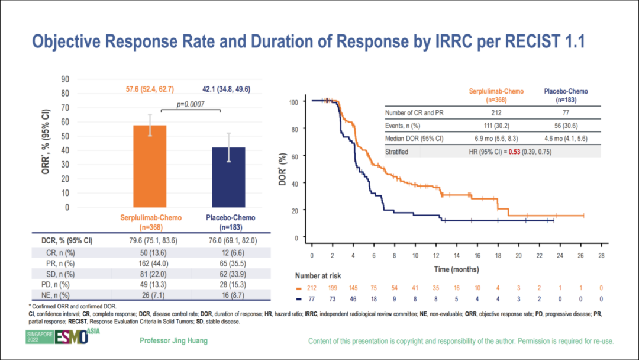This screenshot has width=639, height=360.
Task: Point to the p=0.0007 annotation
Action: [199, 104]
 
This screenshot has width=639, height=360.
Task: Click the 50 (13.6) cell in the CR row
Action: [150, 253]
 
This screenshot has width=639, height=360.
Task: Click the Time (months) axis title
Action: [456, 269]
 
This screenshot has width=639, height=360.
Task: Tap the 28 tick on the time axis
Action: [601, 255]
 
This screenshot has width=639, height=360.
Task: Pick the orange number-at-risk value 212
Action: [312, 288]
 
